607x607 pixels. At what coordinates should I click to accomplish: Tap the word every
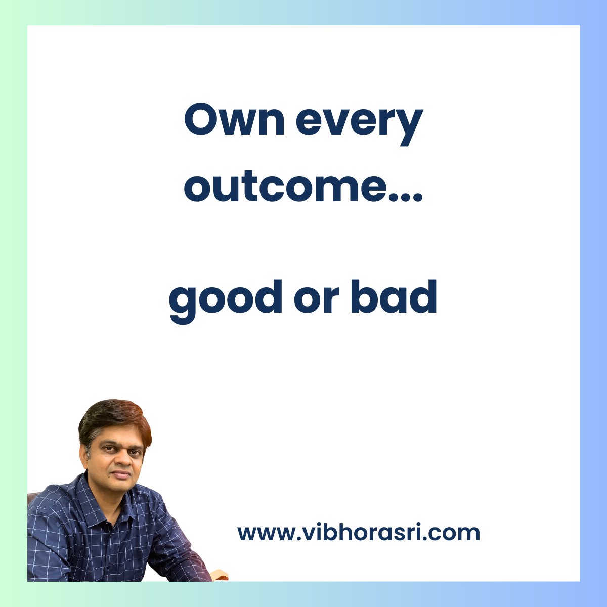[359, 124]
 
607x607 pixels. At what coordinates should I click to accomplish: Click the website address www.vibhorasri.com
[359, 533]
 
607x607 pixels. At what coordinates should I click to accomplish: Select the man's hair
[114, 417]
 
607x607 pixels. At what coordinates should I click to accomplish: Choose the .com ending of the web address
[455, 533]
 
